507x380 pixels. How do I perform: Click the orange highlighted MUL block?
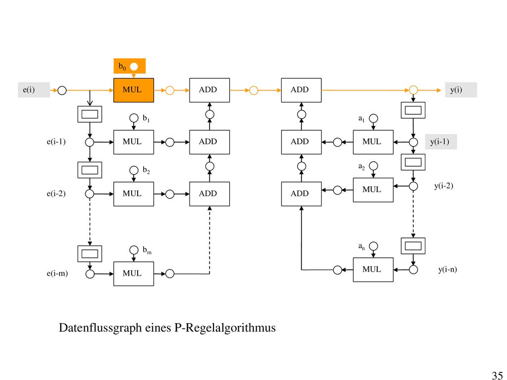134,90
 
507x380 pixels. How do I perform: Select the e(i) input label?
29,90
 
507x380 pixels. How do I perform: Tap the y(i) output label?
456,90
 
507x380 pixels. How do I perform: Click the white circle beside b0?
134,67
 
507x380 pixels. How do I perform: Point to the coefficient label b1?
146,118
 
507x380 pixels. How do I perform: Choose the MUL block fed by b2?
134,194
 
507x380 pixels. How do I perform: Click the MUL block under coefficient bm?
134,274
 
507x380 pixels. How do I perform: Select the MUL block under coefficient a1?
373,142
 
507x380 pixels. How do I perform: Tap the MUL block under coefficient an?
373,270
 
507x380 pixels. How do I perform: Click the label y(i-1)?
440,142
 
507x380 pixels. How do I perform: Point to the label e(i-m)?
57,273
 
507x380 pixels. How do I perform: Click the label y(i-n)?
448,270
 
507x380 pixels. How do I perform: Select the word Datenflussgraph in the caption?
100,328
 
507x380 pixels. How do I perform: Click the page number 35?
497,375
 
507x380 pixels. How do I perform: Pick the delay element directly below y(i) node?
413,110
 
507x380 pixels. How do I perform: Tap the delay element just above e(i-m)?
90,254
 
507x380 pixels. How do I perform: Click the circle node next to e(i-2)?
90,194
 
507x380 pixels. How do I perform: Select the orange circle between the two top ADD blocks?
254,91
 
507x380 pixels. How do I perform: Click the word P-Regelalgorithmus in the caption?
225,328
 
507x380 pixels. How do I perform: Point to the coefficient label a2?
361,167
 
